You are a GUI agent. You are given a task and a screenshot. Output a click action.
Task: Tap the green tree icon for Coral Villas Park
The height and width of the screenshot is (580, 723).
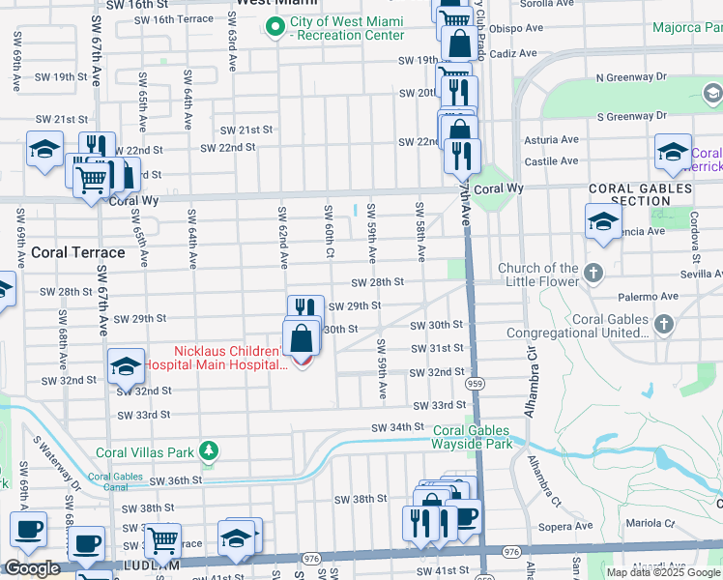[x=207, y=450]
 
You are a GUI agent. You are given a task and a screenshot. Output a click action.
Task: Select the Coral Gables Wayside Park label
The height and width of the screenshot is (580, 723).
[x=473, y=438]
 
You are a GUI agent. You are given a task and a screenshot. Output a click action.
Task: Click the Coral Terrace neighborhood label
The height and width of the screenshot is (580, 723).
[x=78, y=252]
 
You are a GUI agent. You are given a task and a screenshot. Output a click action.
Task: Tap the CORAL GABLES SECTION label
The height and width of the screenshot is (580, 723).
[x=641, y=194]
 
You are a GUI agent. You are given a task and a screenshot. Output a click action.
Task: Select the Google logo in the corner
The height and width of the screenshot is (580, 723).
[x=32, y=568]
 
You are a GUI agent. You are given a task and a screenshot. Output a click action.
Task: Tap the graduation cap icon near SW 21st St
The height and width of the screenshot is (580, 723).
[x=43, y=150]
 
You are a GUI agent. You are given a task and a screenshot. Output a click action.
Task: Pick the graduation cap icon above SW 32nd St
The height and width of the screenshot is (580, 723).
[x=126, y=366]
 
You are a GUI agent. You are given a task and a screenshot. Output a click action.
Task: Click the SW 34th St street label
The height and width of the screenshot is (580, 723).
[x=398, y=426]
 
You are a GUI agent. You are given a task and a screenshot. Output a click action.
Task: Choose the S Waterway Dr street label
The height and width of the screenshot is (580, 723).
[x=57, y=463]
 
